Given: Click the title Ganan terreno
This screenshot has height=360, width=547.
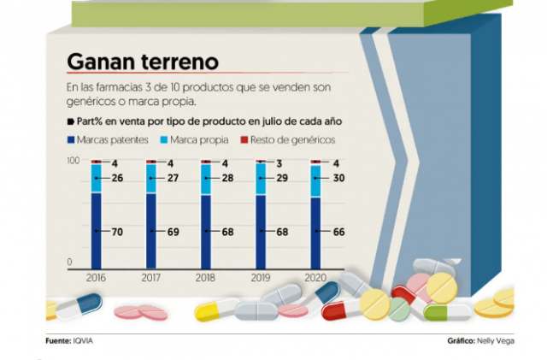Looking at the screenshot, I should pos(143,62).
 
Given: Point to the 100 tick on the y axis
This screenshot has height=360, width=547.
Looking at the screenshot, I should pos(74,161).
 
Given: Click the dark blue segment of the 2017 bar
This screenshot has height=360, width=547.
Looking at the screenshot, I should pos(150,231).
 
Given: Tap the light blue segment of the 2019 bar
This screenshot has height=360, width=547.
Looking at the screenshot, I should pos(261,180).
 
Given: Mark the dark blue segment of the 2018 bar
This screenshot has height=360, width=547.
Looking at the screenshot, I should pos(206,231).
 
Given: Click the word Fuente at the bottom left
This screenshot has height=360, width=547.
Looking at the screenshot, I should pos(58,340).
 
